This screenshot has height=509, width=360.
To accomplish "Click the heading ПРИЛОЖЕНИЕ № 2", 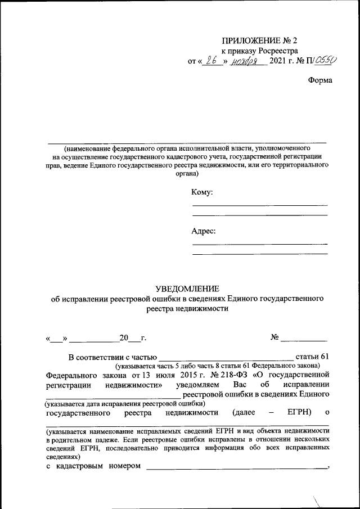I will (x=259, y=40).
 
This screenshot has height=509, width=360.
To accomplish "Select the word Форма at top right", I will (x=320, y=80).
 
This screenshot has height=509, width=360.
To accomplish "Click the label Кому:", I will (x=202, y=192).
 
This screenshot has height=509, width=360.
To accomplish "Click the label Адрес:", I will (x=204, y=231).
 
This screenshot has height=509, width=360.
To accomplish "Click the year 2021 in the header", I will (x=278, y=61).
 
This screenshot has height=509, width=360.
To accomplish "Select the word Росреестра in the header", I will (x=272, y=51).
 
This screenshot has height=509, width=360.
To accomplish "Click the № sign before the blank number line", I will (x=275, y=338).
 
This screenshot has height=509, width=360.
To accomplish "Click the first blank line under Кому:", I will (x=260, y=205).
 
